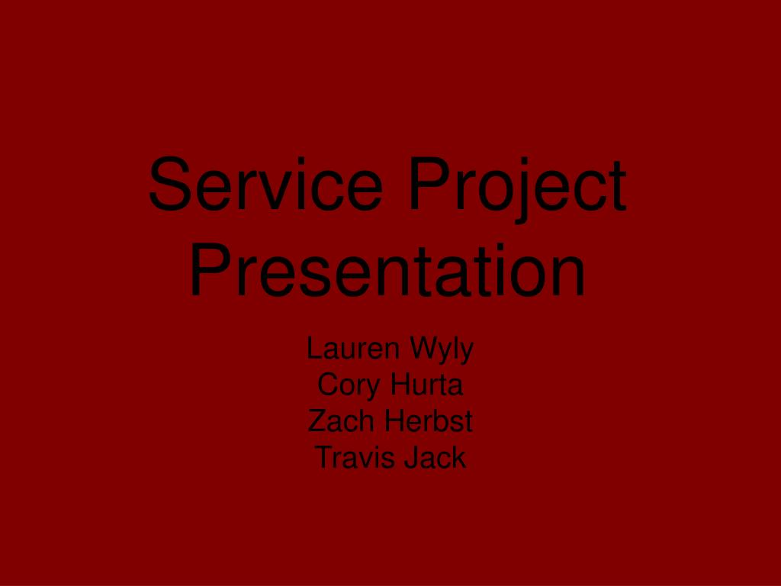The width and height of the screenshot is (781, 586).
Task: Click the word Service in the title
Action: tap(265, 185)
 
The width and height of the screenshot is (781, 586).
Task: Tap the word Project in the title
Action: tap(517, 185)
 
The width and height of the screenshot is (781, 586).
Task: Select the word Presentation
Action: tap(388, 271)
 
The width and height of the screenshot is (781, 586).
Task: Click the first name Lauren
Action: tap(353, 349)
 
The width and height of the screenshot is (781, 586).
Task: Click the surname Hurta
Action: tap(427, 385)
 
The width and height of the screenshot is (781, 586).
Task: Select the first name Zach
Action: tap(342, 420)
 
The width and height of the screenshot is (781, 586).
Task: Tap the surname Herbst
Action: tap(429, 420)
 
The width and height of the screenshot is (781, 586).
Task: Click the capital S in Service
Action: tap(169, 185)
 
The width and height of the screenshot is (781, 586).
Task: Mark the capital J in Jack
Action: tap(412, 457)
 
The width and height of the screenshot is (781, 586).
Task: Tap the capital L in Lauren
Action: tap(314, 349)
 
